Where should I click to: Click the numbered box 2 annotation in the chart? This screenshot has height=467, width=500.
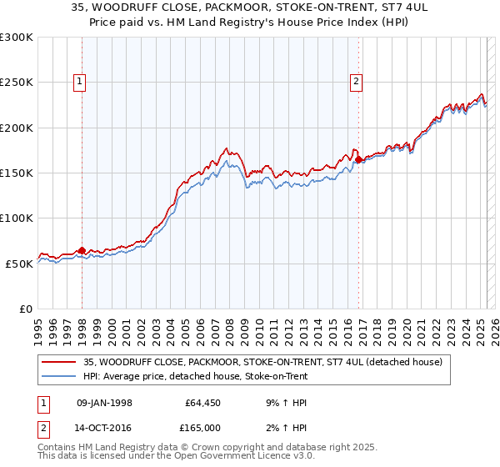click(356, 81)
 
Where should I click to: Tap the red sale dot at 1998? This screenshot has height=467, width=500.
click(82, 250)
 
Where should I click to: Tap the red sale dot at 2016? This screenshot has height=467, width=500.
click(358, 159)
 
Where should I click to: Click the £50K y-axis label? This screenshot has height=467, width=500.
click(19, 263)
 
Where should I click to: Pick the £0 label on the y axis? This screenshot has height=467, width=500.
click(26, 309)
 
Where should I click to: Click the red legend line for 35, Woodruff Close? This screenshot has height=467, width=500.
click(59, 363)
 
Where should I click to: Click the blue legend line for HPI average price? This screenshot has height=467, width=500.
click(59, 377)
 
